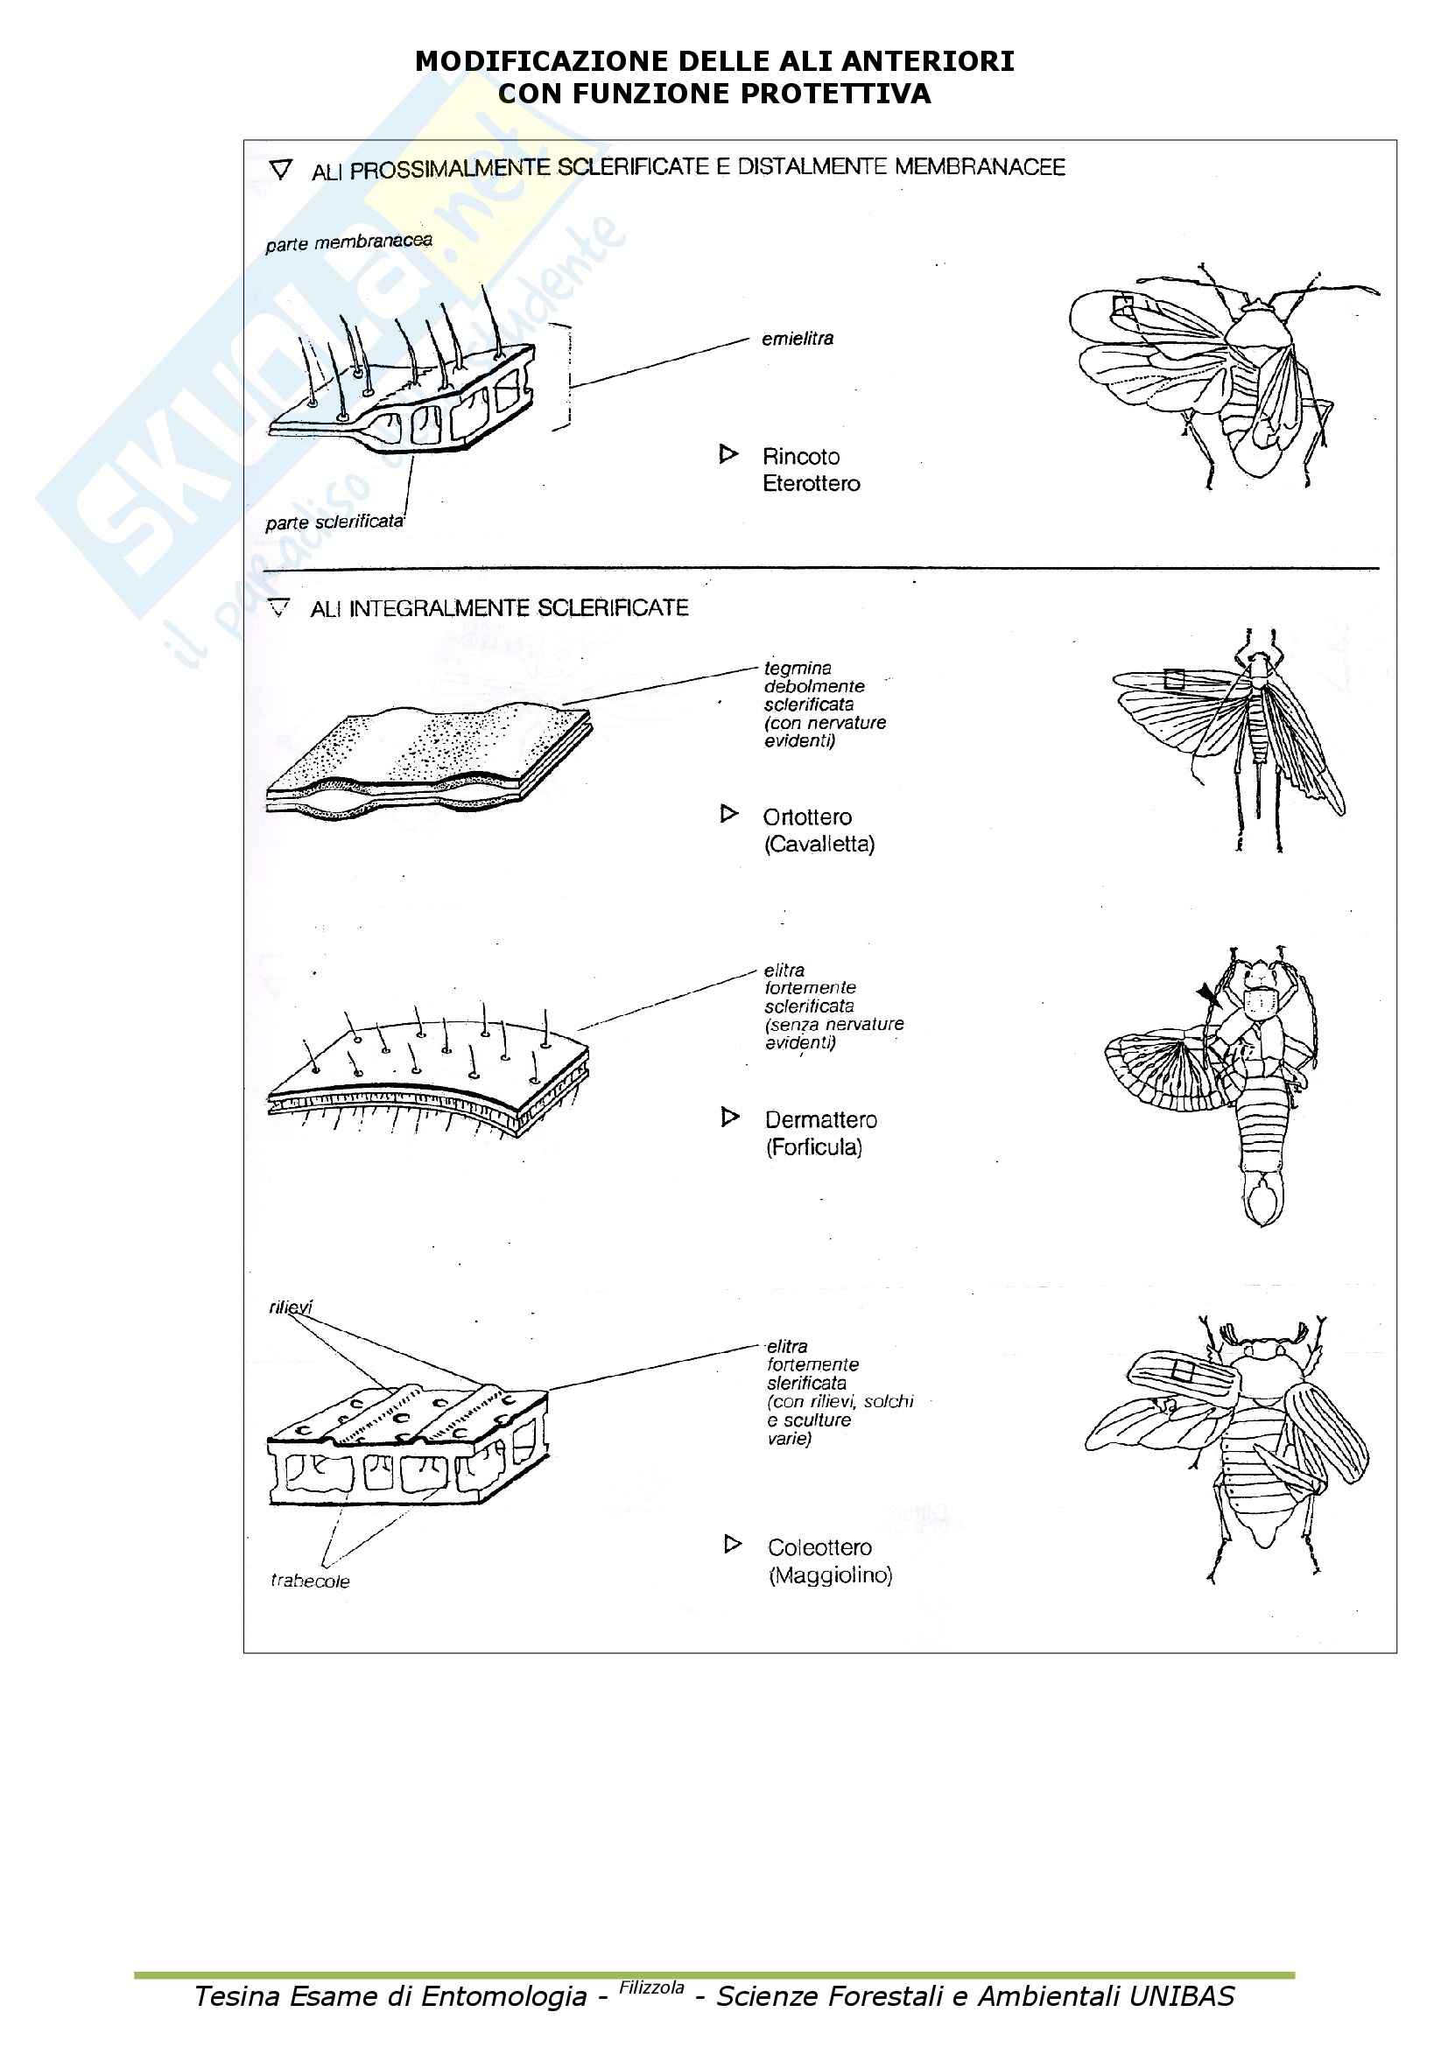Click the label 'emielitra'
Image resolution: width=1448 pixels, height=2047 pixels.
tap(798, 339)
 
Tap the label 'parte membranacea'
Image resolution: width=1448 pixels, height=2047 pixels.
tap(348, 242)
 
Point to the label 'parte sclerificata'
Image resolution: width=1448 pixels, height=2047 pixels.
tap(334, 522)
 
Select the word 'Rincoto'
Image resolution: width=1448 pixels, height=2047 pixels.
tap(801, 457)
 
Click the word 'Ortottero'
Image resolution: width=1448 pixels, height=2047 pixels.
tap(807, 817)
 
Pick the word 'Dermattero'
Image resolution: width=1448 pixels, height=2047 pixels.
tap(820, 1120)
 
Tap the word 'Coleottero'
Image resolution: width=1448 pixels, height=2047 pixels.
tap(819, 1548)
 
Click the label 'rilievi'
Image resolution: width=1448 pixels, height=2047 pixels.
tap(291, 1307)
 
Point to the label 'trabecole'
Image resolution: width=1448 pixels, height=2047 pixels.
tap(309, 1581)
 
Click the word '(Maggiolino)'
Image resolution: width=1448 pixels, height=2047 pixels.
tap(830, 1575)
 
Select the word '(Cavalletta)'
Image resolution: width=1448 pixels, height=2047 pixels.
tap(819, 845)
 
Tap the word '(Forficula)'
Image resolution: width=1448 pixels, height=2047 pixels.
tap(814, 1147)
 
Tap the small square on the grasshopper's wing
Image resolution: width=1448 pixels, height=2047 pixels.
tap(1174, 680)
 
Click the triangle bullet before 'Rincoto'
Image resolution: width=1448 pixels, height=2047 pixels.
tap(728, 455)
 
